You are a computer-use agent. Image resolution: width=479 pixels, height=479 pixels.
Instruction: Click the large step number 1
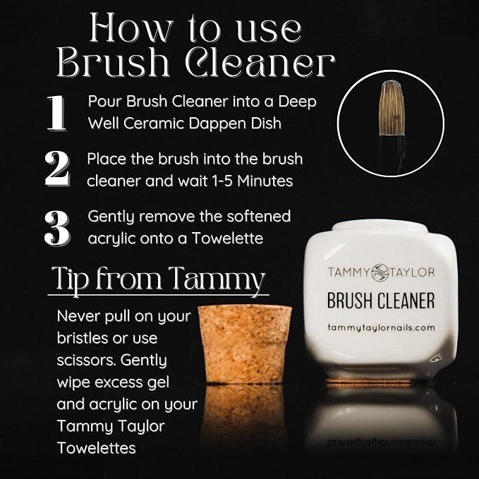point(57,113)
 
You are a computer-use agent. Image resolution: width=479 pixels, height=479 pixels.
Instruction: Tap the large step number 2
point(57,169)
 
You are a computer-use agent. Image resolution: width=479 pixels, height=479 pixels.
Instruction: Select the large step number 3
point(57,227)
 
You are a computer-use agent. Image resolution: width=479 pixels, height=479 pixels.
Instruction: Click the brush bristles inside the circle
point(392,108)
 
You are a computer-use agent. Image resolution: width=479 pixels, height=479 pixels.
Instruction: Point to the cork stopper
point(245,344)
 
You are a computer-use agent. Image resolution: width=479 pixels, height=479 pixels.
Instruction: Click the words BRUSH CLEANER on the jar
point(381,301)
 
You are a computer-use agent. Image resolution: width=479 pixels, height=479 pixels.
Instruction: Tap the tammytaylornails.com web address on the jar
point(381,328)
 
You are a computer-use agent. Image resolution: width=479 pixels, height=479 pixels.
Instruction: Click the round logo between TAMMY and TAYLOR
point(380,272)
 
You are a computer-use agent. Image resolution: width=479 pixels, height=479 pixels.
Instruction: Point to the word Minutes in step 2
point(265,181)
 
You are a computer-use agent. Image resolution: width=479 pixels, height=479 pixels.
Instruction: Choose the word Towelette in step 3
point(227,238)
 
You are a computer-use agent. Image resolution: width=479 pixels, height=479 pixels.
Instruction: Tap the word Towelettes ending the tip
point(96,448)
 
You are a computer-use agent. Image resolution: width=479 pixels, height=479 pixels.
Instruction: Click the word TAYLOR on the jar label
point(412,272)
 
